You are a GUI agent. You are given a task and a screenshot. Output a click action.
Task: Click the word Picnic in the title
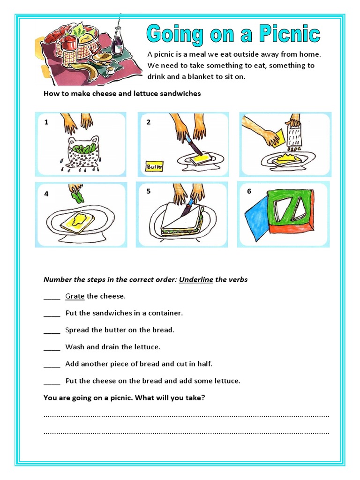point(287,35)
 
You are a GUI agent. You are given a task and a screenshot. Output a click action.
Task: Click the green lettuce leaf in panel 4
point(76,194)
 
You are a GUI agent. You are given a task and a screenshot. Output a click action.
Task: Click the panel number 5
point(148,191)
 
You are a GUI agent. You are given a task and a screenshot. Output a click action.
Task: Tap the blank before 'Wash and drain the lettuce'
point(52,347)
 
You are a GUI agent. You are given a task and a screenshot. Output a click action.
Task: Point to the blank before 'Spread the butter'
point(52,330)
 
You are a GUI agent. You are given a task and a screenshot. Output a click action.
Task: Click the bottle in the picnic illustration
point(118,41)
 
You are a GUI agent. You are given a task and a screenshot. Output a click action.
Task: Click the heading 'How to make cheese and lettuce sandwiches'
point(122,93)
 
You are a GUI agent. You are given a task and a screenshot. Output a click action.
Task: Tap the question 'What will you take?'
point(170,398)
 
